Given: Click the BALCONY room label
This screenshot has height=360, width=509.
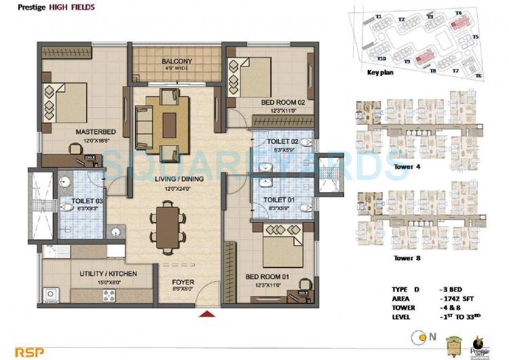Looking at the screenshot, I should coord(177,62).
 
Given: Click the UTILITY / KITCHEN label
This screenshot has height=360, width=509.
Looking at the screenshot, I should coord(109,273).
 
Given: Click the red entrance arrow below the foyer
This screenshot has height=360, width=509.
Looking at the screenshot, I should coord(204,314).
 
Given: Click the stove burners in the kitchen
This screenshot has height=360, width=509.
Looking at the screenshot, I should coord(108,295).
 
